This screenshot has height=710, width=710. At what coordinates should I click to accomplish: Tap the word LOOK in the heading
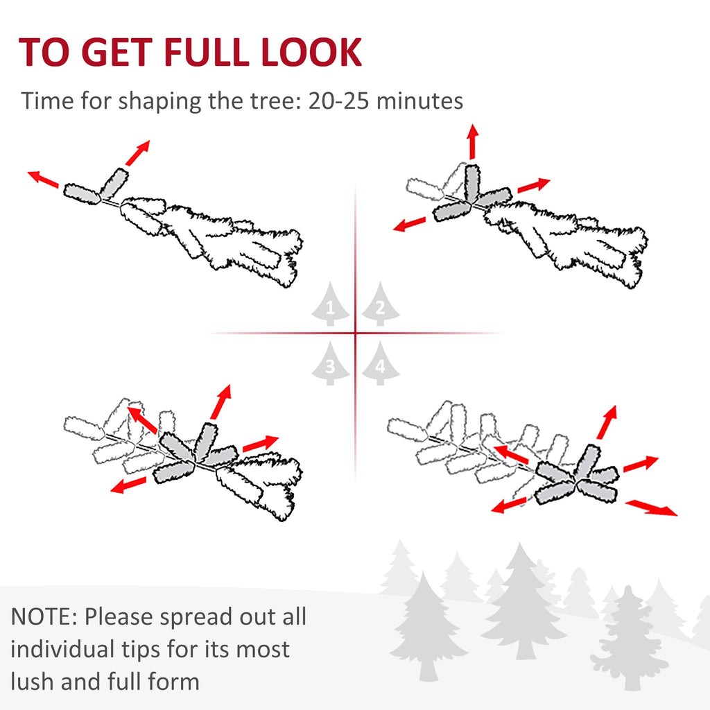311,52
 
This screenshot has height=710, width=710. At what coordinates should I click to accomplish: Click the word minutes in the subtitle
419,101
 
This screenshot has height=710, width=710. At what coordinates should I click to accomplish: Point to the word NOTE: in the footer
44,616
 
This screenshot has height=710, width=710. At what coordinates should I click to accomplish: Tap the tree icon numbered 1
331,304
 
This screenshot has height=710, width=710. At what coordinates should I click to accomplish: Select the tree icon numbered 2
381,304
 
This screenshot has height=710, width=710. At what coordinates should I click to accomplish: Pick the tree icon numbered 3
331,363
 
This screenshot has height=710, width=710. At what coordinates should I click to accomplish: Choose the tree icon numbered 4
381,363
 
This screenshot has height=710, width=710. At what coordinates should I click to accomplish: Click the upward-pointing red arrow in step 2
473,141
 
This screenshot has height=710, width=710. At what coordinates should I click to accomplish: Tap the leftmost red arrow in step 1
43,179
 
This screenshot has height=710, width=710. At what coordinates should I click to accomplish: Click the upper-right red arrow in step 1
138,153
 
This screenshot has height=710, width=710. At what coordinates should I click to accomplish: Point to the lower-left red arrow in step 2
409,224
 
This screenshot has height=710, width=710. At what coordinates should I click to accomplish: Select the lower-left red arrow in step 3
128,485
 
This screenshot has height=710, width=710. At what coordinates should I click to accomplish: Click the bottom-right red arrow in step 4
652,508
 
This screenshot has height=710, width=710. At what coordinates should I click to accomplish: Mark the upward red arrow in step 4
607,422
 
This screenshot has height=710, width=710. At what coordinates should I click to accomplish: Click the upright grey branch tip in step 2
471,182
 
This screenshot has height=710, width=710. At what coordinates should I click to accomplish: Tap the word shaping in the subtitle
159,101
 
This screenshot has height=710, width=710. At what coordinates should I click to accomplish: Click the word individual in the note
63,649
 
